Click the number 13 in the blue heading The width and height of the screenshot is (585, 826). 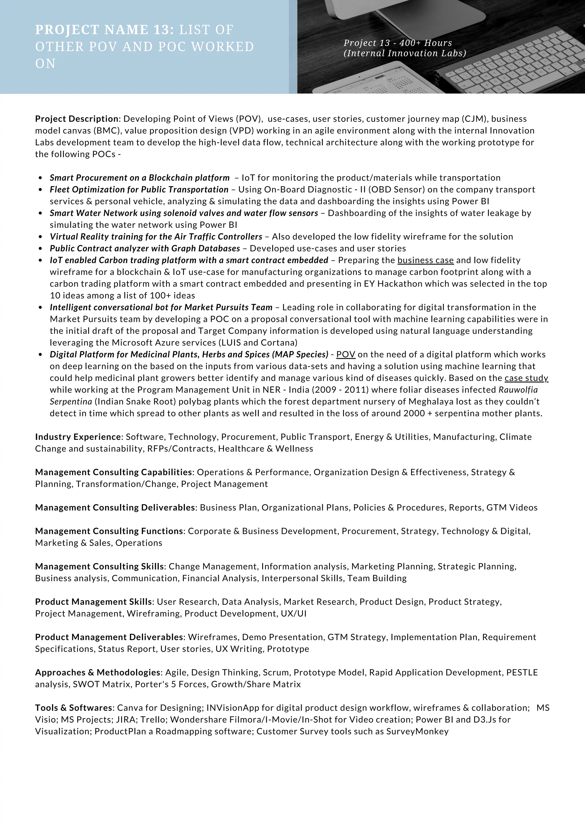tap(161, 30)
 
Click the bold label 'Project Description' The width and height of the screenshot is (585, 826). tap(77, 119)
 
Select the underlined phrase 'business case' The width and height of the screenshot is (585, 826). tap(425, 260)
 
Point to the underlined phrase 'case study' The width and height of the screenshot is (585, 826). tap(526, 378)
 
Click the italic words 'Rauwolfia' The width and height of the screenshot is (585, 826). tap(518, 390)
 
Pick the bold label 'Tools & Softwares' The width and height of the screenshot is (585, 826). tap(74, 708)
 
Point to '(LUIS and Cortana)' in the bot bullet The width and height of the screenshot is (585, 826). tap(258, 343)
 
